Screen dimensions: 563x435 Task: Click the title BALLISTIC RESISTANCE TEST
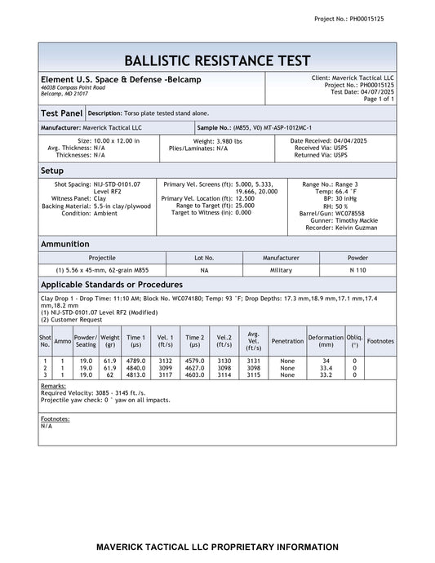click(217, 60)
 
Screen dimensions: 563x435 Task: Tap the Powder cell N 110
click(357, 269)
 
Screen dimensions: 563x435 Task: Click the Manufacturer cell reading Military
click(281, 269)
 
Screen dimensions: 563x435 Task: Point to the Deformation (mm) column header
click(326, 341)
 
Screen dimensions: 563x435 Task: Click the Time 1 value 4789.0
click(136, 360)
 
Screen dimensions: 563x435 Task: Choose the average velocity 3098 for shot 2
click(253, 367)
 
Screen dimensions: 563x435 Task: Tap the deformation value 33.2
click(326, 375)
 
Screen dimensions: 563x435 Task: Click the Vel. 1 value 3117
click(166, 375)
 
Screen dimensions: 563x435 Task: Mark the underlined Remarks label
click(53, 385)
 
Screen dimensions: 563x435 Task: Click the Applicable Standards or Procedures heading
click(111, 285)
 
